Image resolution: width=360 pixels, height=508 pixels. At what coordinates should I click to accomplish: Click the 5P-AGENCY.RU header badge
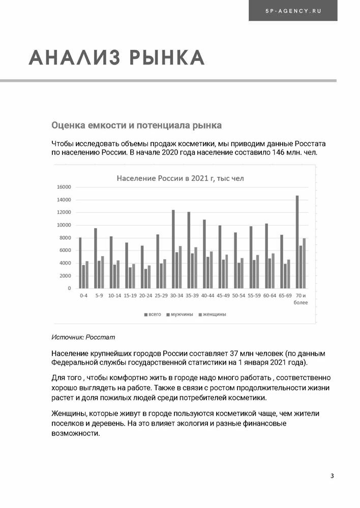tap(292, 10)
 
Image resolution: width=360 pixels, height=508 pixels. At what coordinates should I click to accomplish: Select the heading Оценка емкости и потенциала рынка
tap(136, 124)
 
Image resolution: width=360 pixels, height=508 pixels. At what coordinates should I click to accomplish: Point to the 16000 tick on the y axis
tap(64, 187)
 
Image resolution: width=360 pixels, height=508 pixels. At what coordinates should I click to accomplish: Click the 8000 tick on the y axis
tap(65, 238)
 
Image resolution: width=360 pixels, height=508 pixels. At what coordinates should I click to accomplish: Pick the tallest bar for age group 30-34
tap(173, 249)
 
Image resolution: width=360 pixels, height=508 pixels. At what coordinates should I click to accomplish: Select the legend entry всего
tap(153, 314)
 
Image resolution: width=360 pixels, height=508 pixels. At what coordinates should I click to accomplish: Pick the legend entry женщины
tap(214, 314)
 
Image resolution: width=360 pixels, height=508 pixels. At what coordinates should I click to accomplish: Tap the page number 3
tap(332, 475)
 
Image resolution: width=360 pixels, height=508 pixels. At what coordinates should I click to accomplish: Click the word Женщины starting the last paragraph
tap(69, 414)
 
